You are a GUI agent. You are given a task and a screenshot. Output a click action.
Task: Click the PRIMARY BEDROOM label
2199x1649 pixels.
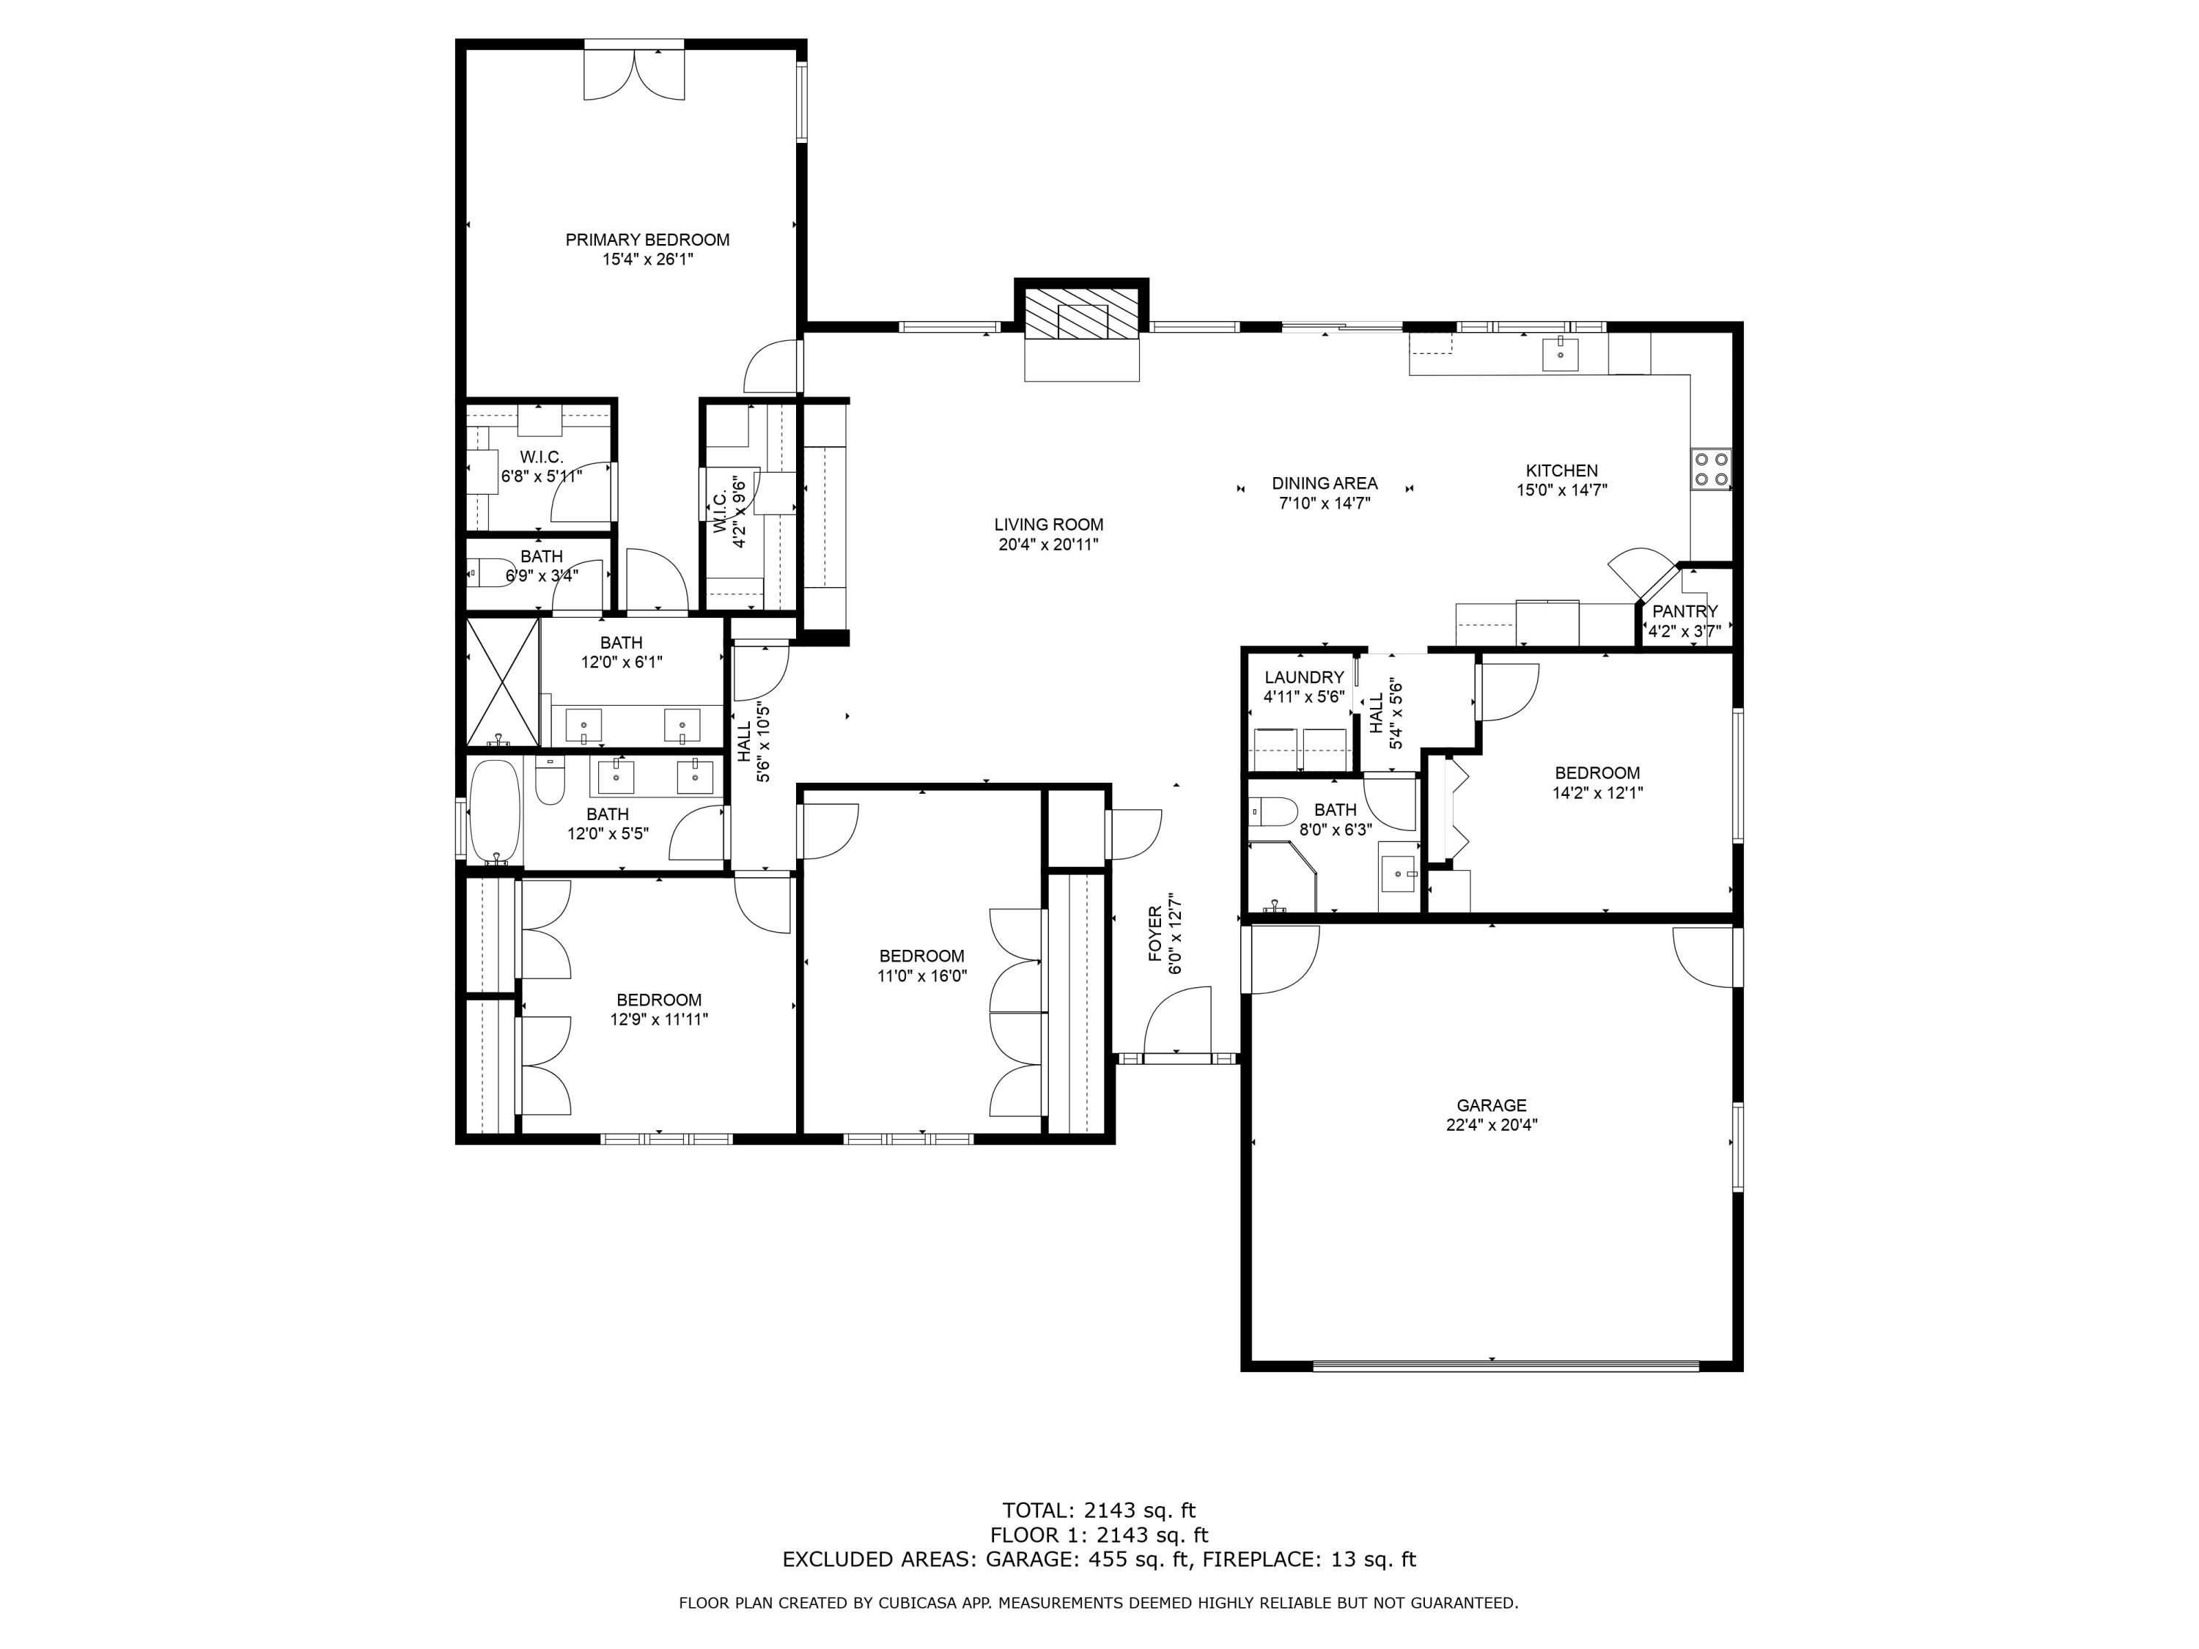coord(647,240)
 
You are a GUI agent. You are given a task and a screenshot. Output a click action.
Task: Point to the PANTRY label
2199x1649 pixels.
coord(1685,611)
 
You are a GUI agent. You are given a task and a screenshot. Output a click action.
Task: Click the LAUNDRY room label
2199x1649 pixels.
coord(1303,678)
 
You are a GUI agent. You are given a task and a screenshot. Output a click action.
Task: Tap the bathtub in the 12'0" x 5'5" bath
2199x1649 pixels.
coord(494,811)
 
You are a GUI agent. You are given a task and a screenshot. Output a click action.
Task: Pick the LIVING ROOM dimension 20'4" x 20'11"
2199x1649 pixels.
coord(1049,545)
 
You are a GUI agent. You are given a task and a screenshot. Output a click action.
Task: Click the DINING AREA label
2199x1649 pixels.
coord(1325,484)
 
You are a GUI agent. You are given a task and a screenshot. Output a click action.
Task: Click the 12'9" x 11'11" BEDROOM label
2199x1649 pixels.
coord(659,1000)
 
